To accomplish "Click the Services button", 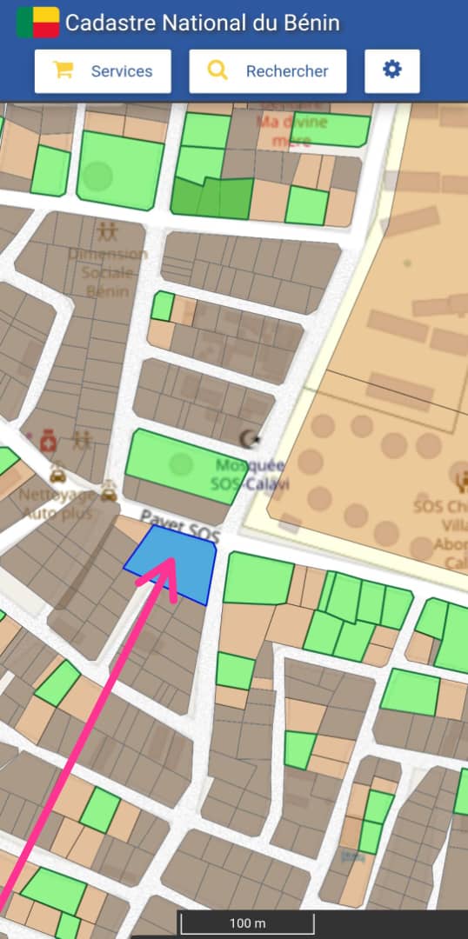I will pyautogui.click(x=103, y=71).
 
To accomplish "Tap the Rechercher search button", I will pyautogui.click(x=268, y=71).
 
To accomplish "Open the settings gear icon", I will pyautogui.click(x=392, y=70).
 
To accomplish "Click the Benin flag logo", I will pyautogui.click(x=37, y=23).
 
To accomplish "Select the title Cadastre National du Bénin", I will pyautogui.click(x=203, y=23).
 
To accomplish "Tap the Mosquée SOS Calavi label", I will pyautogui.click(x=251, y=474).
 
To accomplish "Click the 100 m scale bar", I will pyautogui.click(x=247, y=923).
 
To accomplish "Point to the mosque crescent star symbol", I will pyautogui.click(x=250, y=437).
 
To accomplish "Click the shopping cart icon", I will pyautogui.click(x=63, y=71).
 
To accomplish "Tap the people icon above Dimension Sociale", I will pyautogui.click(x=108, y=231).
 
